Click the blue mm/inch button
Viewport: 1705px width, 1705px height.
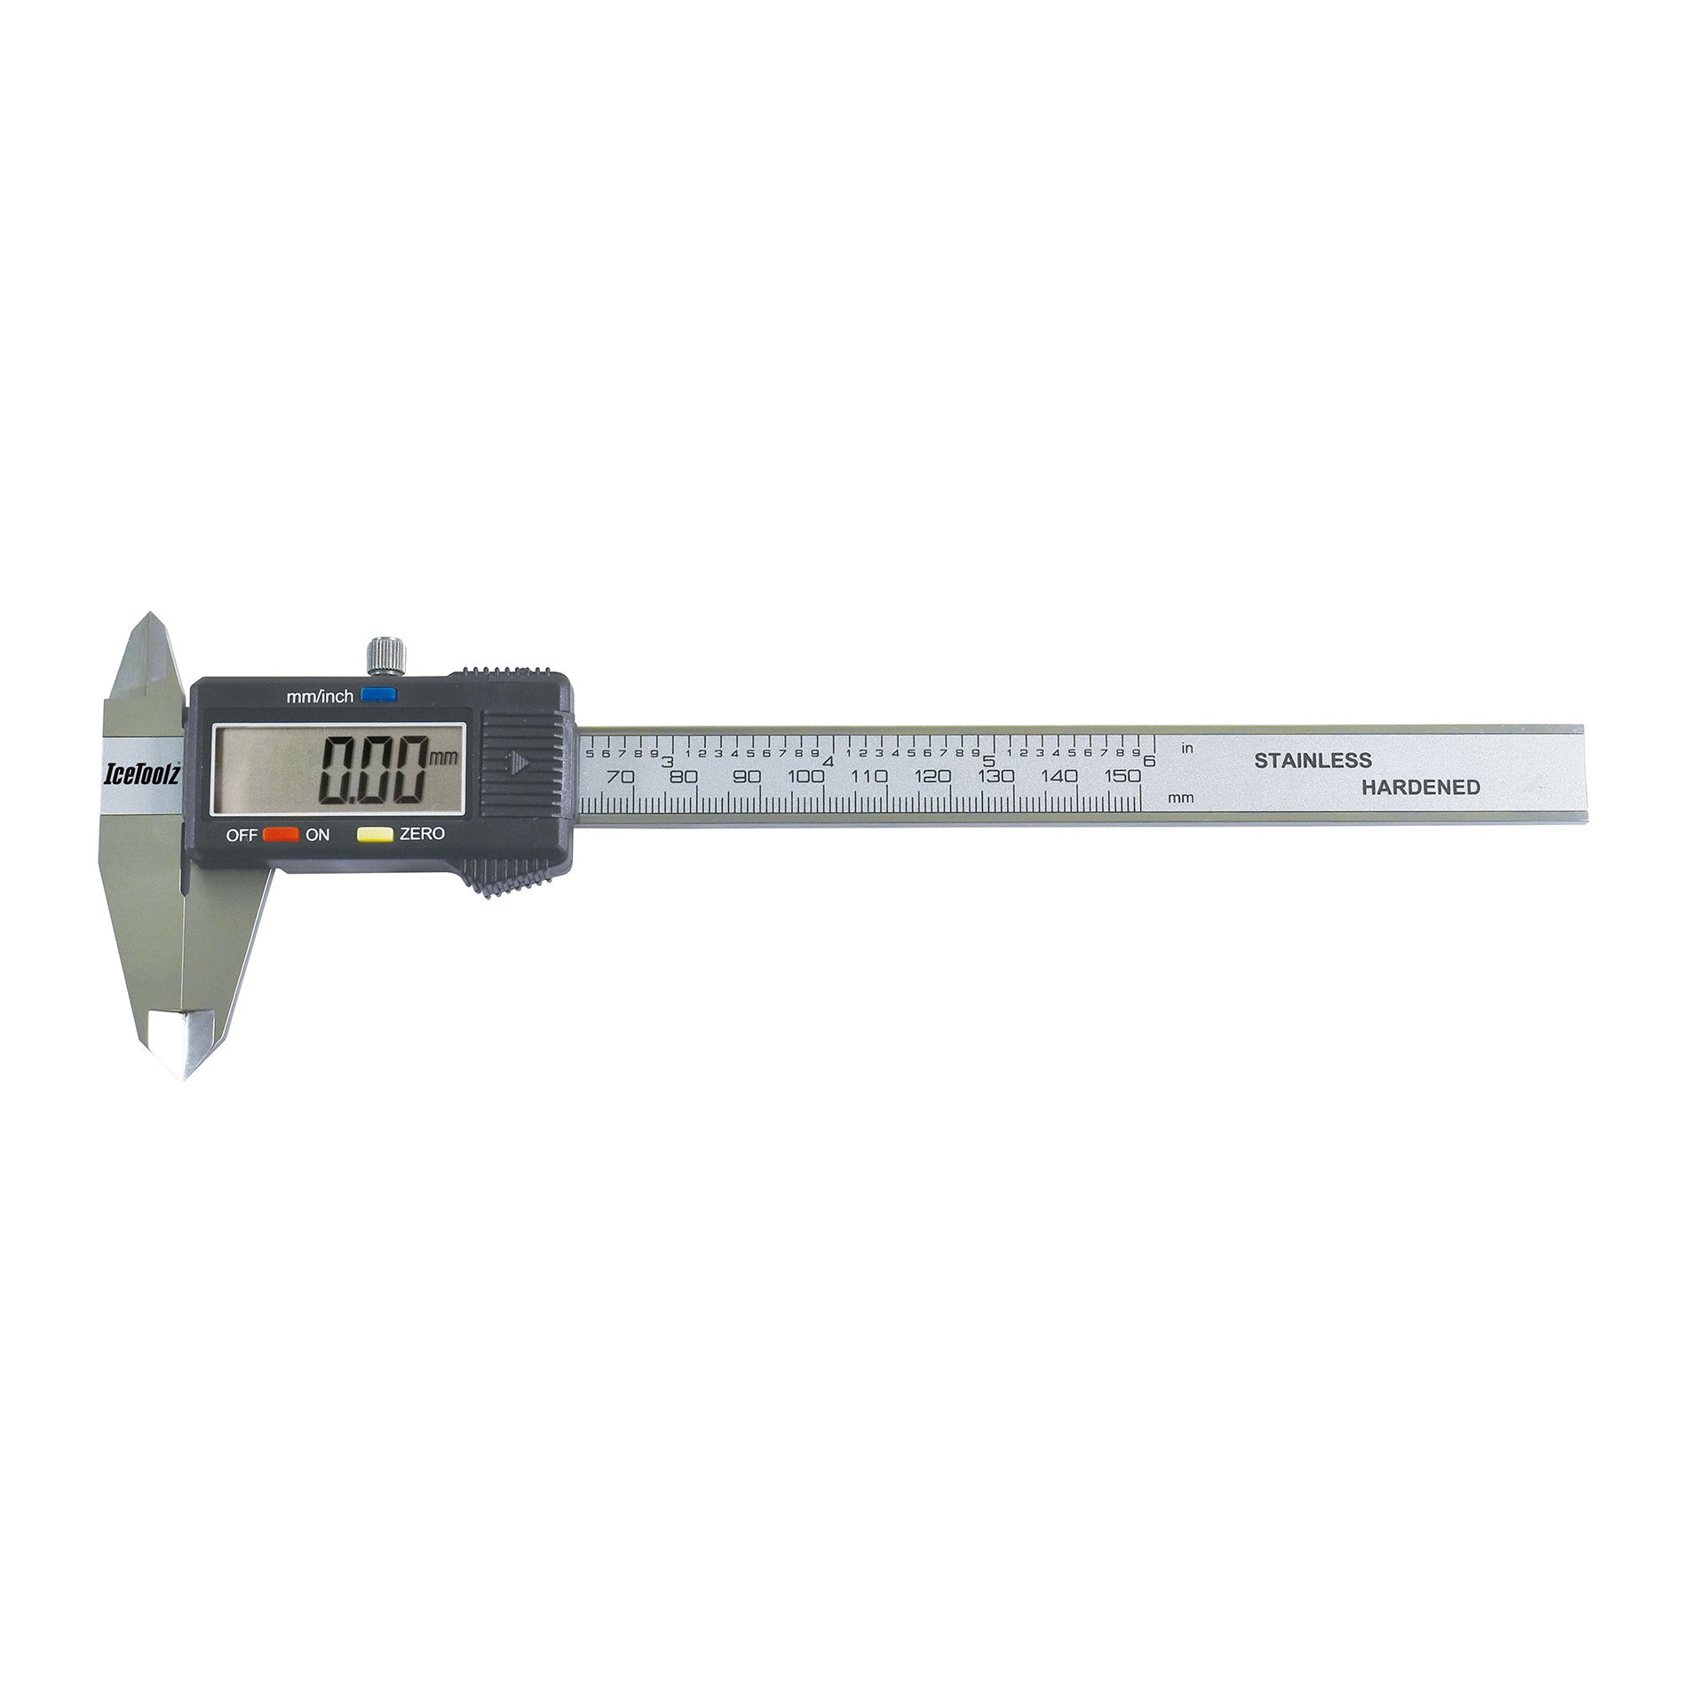coord(378,695)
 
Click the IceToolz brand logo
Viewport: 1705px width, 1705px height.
coord(143,774)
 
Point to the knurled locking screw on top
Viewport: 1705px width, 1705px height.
coord(385,655)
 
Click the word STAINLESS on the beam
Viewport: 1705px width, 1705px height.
coord(1312,760)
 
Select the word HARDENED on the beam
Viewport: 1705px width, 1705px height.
coord(1421,787)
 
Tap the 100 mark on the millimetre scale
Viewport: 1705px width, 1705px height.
coord(805,776)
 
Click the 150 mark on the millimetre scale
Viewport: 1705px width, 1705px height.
coord(1122,776)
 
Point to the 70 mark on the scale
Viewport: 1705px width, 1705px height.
coord(620,776)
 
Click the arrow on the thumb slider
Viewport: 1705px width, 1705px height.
coord(519,761)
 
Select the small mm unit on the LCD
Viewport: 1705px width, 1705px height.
coord(441,757)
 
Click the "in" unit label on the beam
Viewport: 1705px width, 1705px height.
coord(1187,749)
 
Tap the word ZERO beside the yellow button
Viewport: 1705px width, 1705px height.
coord(422,834)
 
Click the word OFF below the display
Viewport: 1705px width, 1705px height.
coord(241,835)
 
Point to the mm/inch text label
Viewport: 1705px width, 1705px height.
coord(320,697)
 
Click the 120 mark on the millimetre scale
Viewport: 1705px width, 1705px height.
coord(932,776)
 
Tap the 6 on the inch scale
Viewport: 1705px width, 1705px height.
coord(1149,761)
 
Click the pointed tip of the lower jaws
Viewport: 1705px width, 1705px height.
coord(185,1076)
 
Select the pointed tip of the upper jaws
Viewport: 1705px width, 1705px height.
coord(149,615)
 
